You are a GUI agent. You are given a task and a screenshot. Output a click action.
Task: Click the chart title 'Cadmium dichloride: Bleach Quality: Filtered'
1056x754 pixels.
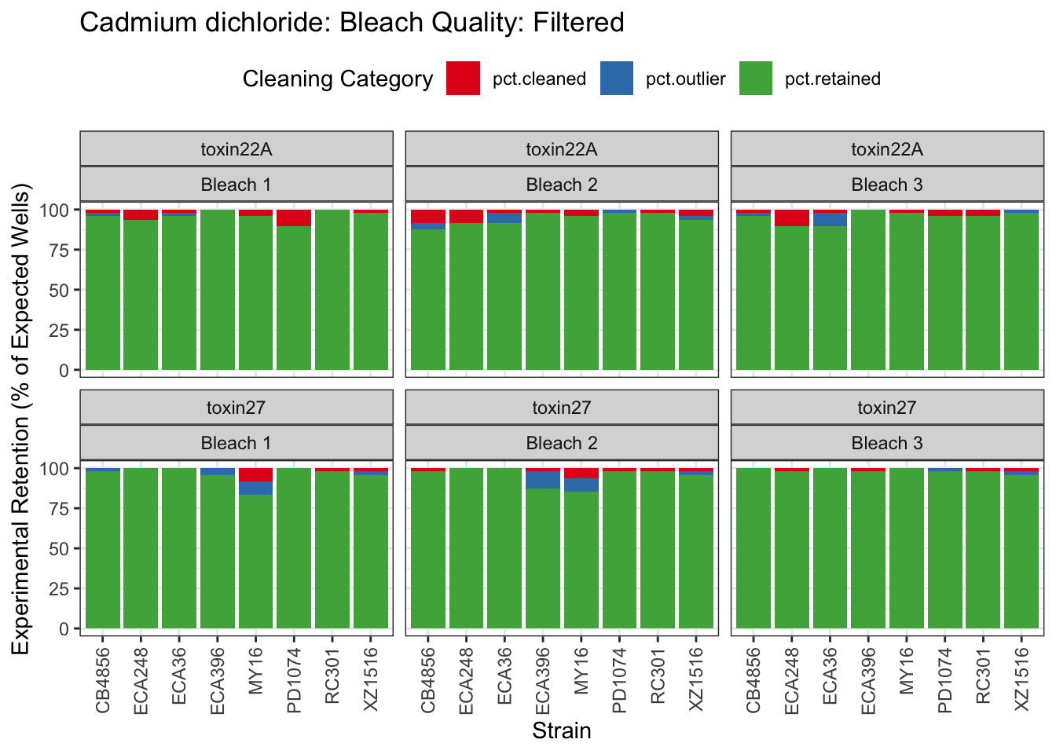click(351, 23)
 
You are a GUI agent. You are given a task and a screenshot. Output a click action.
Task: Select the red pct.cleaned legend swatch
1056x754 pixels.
click(463, 79)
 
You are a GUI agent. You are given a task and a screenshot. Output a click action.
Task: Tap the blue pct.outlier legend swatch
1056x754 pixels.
click(616, 79)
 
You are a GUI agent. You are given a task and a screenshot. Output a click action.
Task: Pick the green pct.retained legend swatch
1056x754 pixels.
click(755, 79)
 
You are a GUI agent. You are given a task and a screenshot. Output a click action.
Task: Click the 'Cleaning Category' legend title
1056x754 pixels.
click(337, 79)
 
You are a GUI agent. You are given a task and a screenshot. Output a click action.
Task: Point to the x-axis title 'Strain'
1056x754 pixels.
click(561, 731)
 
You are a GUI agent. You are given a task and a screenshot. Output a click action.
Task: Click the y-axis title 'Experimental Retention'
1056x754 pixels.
click(21, 418)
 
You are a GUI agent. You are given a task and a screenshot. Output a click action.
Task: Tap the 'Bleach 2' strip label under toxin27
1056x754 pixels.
click(561, 443)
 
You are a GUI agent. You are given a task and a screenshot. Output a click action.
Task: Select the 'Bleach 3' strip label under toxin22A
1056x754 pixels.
click(886, 185)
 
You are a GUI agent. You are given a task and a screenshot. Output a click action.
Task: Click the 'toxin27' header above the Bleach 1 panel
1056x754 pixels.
click(236, 408)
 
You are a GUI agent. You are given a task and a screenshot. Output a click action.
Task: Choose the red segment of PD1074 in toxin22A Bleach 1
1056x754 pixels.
click(294, 218)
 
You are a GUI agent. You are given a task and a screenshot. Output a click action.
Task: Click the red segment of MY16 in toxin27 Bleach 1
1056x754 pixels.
click(255, 474)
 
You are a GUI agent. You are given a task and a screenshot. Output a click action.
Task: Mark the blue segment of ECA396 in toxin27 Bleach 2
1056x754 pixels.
click(543, 479)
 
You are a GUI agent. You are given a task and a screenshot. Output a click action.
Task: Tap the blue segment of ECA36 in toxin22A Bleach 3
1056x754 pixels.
click(830, 219)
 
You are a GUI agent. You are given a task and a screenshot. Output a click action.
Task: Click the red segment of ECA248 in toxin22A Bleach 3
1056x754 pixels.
click(791, 218)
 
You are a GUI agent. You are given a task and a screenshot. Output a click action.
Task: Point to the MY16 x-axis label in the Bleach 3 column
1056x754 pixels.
click(907, 671)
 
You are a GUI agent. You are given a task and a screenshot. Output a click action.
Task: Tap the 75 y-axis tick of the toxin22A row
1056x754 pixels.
click(60, 250)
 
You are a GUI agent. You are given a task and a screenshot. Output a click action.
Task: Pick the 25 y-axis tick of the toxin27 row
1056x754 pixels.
click(60, 588)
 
